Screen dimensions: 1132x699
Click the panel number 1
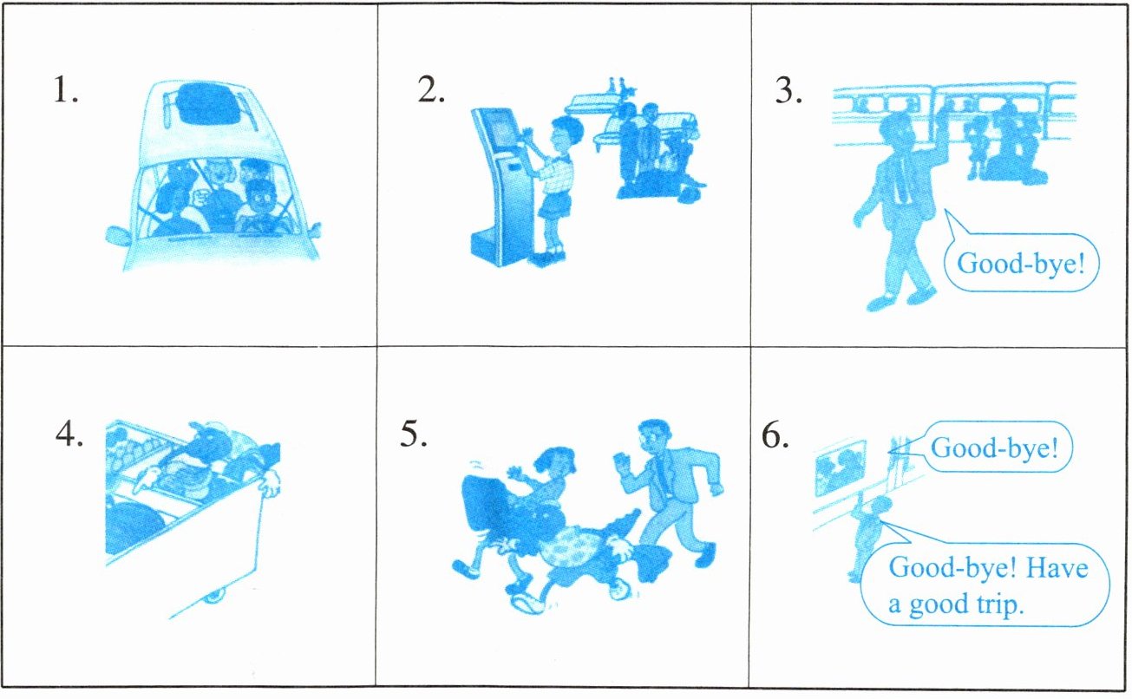(x=66, y=90)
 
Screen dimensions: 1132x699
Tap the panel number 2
(x=431, y=90)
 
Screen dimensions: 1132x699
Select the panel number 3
(x=788, y=91)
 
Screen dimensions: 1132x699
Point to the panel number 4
(x=69, y=434)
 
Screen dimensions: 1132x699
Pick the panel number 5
(x=414, y=434)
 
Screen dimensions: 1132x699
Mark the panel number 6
(x=775, y=434)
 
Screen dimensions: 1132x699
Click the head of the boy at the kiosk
(x=565, y=134)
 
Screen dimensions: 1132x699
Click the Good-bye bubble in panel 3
(x=1021, y=263)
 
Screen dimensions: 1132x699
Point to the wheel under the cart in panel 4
(x=213, y=597)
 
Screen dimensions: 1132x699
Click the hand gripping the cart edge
(x=269, y=483)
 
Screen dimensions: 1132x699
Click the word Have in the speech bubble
(x=1057, y=568)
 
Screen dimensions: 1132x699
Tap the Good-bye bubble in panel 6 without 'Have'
(x=995, y=447)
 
